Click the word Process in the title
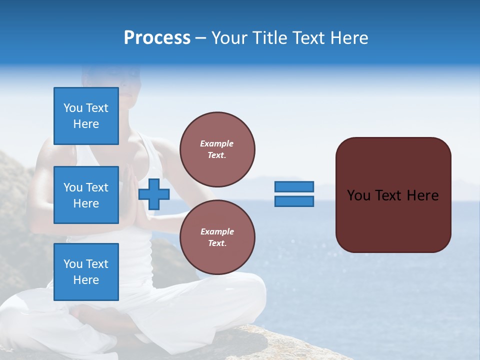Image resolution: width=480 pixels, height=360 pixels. [x=157, y=38]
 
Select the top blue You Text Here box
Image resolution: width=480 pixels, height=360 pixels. [x=86, y=116]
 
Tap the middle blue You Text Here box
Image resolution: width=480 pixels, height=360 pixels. [x=86, y=195]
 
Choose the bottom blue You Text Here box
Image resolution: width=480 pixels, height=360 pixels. [x=86, y=272]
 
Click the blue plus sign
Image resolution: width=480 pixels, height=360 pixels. [x=154, y=194]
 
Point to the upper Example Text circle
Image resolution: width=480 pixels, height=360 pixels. [x=217, y=149]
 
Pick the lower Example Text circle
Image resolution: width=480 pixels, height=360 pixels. [x=217, y=237]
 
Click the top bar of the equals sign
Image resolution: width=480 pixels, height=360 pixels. [x=294, y=187]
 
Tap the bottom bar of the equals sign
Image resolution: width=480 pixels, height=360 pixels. [x=294, y=201]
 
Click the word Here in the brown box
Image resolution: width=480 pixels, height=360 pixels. [x=422, y=195]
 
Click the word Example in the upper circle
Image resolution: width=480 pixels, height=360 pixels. [x=217, y=143]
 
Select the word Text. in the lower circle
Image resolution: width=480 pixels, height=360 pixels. [x=217, y=243]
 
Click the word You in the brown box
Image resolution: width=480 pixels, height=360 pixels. [x=358, y=195]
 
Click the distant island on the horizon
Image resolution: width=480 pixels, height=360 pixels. [x=330, y=188]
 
